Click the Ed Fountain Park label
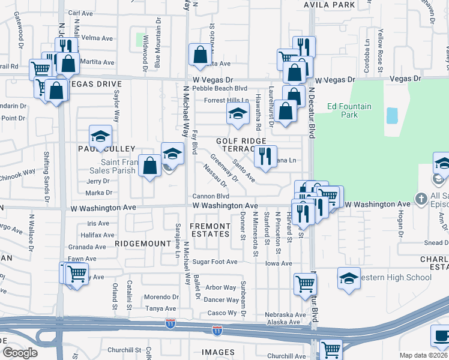click(x=349, y=110)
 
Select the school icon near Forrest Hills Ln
click(x=238, y=113)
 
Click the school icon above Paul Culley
click(x=101, y=136)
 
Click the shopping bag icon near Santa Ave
click(x=199, y=55)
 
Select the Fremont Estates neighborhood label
click(x=209, y=230)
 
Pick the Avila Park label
click(x=330, y=5)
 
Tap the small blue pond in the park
click(x=392, y=115)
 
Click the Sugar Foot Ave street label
click(x=215, y=262)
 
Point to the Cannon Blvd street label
click(x=211, y=196)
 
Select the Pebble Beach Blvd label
click(x=224, y=88)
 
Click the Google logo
click(x=20, y=353)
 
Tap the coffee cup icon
click(x=441, y=336)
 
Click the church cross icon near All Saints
click(x=422, y=199)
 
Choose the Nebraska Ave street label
click(x=286, y=314)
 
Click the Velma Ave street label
click(x=97, y=38)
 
